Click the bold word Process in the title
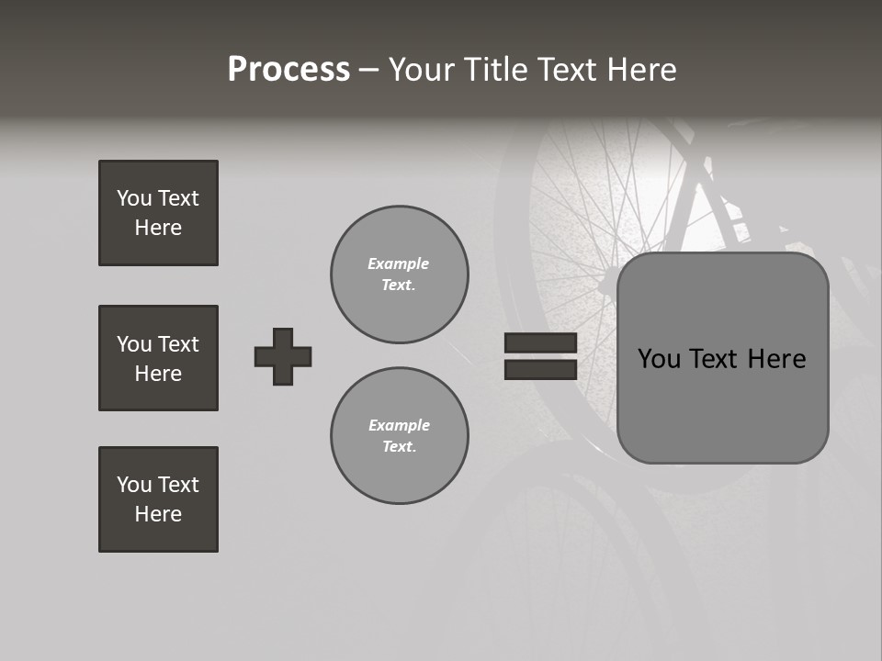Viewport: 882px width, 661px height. click(x=288, y=70)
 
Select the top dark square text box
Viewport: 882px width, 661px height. click(x=158, y=213)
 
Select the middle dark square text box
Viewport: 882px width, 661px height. click(x=158, y=358)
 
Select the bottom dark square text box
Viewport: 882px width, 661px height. click(x=158, y=499)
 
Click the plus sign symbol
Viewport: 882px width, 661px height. click(x=283, y=356)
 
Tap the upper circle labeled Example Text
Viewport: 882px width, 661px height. click(x=400, y=274)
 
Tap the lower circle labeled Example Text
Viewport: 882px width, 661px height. click(x=400, y=436)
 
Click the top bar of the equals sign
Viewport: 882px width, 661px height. click(x=540, y=342)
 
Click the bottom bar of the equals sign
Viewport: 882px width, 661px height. click(x=540, y=369)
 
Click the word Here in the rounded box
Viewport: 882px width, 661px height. click(x=776, y=359)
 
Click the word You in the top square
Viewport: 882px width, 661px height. click(x=134, y=198)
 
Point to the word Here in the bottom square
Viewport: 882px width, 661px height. click(x=158, y=514)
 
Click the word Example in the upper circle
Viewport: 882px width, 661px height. click(x=399, y=263)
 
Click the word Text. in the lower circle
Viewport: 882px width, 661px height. click(x=399, y=447)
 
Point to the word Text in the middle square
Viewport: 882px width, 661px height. click(x=178, y=344)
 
